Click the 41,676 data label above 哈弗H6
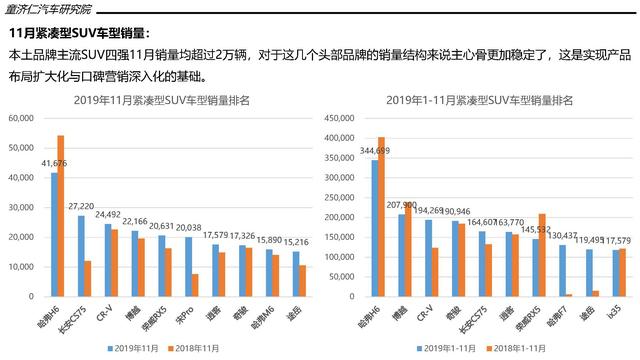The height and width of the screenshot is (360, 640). click(x=54, y=163)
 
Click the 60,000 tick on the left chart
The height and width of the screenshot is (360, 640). click(x=19, y=119)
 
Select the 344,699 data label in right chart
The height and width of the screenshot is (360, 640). click(x=373, y=151)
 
